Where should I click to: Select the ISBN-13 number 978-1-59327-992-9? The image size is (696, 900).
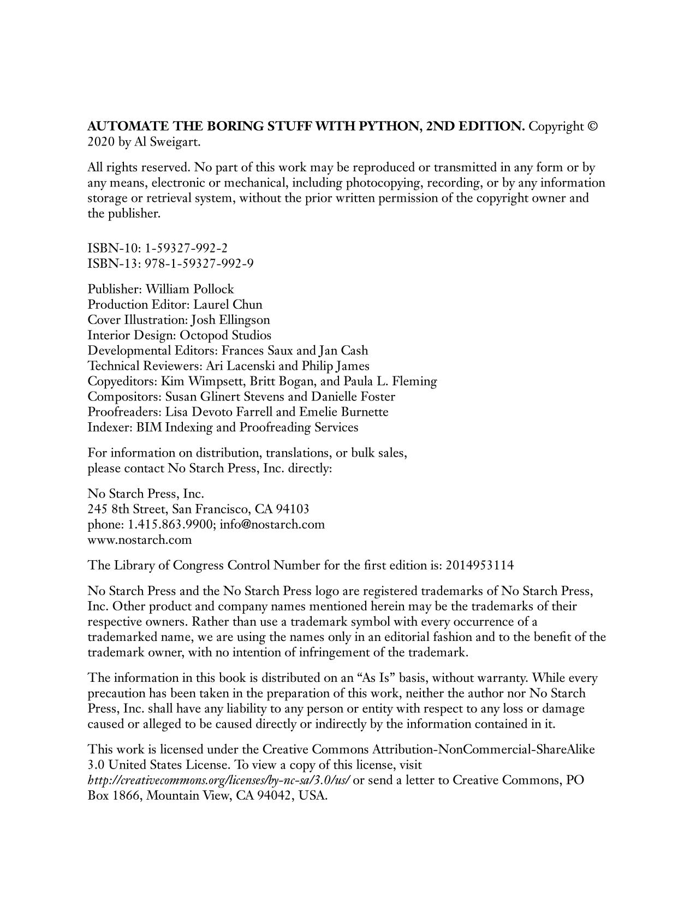pyautogui.click(x=199, y=264)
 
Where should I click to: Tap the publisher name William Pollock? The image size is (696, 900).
pyautogui.click(x=189, y=289)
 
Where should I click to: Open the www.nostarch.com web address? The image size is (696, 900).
pyautogui.click(x=140, y=539)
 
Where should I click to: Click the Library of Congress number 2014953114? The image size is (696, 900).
pyautogui.click(x=479, y=565)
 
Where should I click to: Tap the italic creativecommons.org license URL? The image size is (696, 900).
pyautogui.click(x=218, y=779)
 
